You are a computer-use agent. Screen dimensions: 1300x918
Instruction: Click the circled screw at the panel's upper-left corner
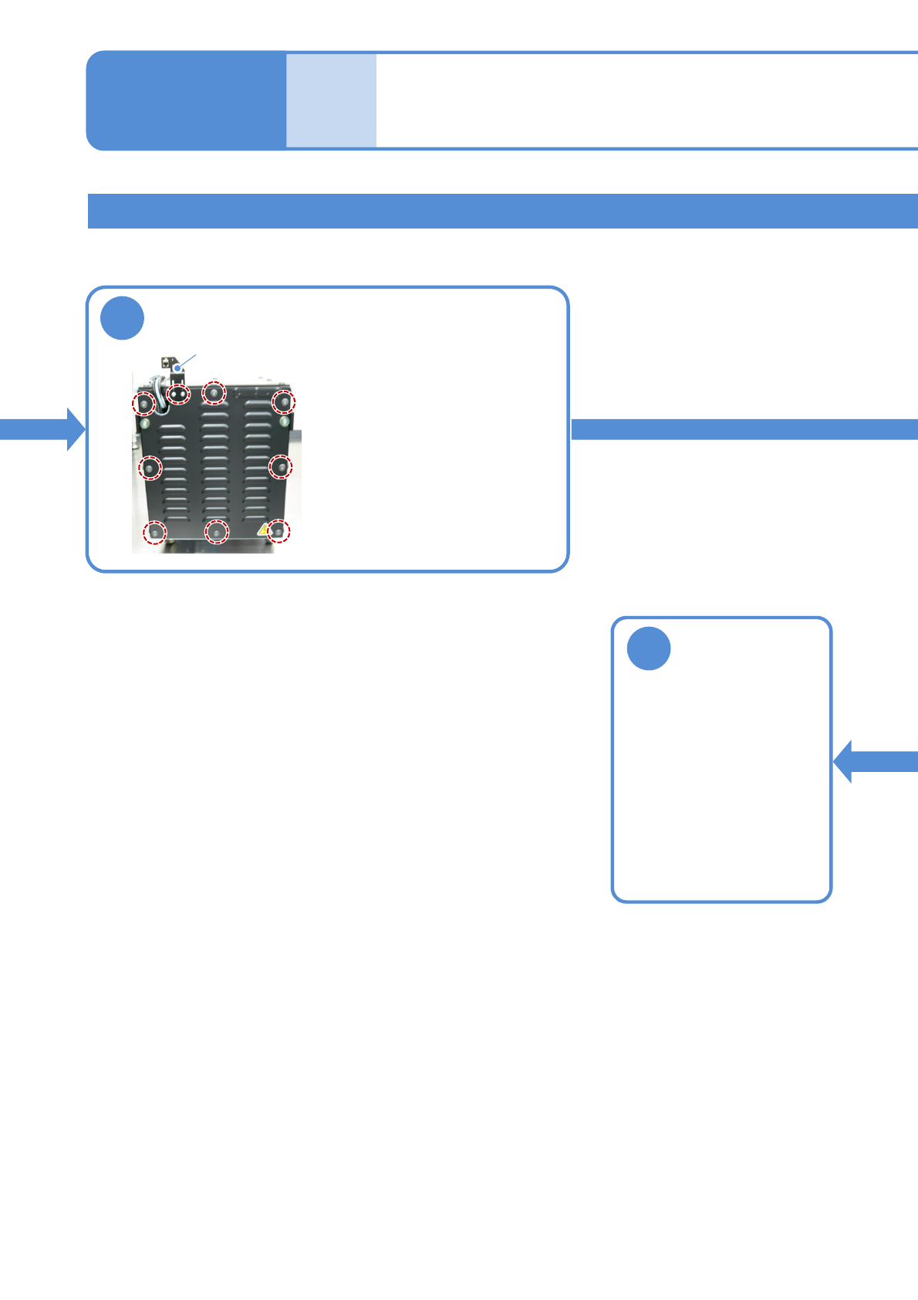143,403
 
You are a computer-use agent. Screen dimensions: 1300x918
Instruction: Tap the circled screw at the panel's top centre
214,393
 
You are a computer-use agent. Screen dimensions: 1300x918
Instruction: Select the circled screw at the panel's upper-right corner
283,402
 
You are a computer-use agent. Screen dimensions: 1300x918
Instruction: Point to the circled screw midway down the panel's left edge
150,468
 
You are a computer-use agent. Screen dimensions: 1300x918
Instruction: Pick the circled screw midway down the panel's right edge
280,466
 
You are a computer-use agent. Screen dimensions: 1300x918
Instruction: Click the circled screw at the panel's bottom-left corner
155,532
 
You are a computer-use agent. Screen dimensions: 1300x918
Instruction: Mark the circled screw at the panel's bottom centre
217,532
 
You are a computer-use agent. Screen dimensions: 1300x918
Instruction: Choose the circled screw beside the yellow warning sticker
278,532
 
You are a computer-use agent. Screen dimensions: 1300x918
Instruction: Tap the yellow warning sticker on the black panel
264,530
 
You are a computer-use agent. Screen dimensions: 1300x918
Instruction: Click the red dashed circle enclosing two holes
179,393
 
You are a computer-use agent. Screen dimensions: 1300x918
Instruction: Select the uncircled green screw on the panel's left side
144,422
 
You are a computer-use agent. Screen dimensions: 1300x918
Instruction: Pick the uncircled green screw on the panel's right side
285,422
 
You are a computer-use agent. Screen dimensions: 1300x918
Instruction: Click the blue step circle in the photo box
123,318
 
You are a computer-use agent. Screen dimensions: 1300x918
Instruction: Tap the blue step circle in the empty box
649,648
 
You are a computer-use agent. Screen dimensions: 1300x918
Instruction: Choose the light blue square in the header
332,100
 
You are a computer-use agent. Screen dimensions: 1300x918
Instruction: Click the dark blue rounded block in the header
186,100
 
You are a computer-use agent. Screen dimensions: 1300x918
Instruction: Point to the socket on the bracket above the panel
166,361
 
